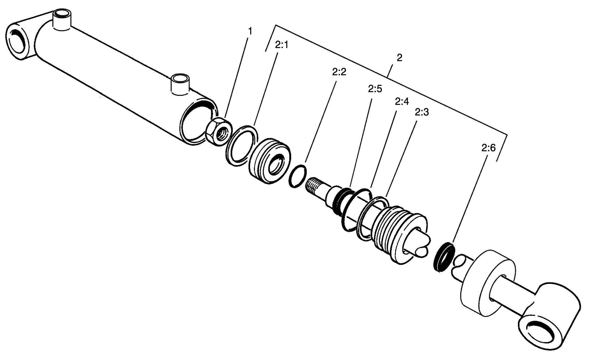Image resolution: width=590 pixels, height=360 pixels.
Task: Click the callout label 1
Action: [x=250, y=31]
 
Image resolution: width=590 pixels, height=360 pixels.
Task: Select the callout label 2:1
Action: [x=282, y=45]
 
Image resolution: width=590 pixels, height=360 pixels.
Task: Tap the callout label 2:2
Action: [x=339, y=72]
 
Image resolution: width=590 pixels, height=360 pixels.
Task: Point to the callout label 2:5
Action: [x=375, y=89]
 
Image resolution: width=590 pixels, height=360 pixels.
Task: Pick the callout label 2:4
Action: [x=402, y=101]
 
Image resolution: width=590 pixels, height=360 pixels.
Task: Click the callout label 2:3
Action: [x=422, y=112]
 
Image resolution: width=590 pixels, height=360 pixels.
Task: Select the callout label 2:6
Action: [x=488, y=148]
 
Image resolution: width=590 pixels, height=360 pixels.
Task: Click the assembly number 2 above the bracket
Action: [x=399, y=58]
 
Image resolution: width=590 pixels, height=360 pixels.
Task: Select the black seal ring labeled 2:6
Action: [x=444, y=256]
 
